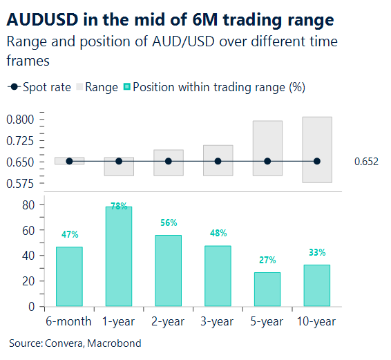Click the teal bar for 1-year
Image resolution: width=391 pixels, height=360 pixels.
(x=118, y=256)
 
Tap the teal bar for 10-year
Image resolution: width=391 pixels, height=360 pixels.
(x=317, y=285)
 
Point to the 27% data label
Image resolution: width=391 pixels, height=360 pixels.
(x=267, y=260)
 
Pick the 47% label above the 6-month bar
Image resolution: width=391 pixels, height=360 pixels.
(x=69, y=235)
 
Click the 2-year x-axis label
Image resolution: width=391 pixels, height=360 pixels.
(x=168, y=321)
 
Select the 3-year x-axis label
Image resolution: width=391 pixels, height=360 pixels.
(x=218, y=321)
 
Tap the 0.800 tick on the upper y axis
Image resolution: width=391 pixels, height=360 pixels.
(x=20, y=120)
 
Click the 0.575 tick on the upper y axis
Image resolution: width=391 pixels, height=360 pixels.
(x=20, y=183)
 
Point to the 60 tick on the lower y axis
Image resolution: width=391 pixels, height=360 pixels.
(x=28, y=230)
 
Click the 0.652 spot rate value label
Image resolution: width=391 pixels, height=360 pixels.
(x=366, y=162)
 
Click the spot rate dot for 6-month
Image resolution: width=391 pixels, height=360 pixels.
(x=69, y=161)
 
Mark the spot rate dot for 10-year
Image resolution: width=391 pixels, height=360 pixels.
(x=317, y=161)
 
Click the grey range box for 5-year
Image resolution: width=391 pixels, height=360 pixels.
(x=267, y=138)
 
